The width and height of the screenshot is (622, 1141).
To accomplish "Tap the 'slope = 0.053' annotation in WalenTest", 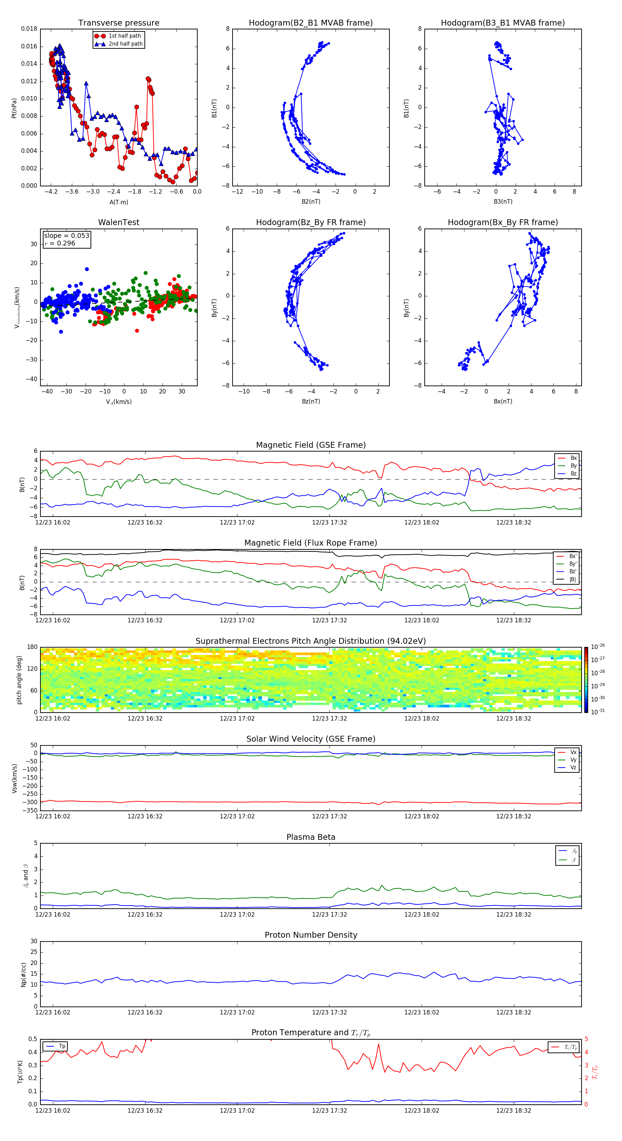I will click(66, 236).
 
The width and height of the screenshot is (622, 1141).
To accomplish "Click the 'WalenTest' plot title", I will click(119, 222).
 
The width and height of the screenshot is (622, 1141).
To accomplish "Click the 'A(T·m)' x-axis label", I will click(119, 202).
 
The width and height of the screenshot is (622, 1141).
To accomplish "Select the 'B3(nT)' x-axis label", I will click(503, 202).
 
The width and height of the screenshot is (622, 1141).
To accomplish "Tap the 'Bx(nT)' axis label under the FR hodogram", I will click(503, 401).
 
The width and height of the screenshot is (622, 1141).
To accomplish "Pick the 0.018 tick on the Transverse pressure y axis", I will click(29, 29).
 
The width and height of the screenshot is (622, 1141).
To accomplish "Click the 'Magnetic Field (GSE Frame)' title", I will click(311, 445).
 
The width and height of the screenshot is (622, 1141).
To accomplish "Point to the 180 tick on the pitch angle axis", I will click(32, 647).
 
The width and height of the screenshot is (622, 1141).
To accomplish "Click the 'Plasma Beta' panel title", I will click(311, 837).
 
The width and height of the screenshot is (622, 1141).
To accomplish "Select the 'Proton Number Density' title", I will click(311, 935).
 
